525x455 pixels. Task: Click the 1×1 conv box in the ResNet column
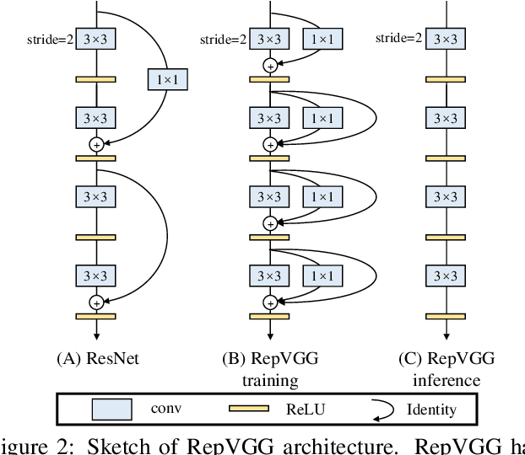[x=167, y=80]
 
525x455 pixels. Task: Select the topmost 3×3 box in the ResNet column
[x=96, y=39]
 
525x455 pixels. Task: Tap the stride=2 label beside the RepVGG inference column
[x=398, y=38]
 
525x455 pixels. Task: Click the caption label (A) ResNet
[x=97, y=359]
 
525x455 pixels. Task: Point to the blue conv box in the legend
[x=113, y=410]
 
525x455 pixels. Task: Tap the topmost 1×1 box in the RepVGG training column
[x=321, y=39]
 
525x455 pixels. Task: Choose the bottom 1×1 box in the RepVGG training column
[x=321, y=276]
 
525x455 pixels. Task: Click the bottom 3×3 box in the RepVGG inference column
[x=447, y=276]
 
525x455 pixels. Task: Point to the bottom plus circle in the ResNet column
[x=96, y=302]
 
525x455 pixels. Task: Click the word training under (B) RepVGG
[x=269, y=381]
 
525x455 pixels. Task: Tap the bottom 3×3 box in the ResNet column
[x=96, y=276]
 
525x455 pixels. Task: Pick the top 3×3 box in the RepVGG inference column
[x=447, y=39]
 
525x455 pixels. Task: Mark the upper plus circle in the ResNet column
[x=96, y=144]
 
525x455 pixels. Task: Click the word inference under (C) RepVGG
[x=446, y=381]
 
